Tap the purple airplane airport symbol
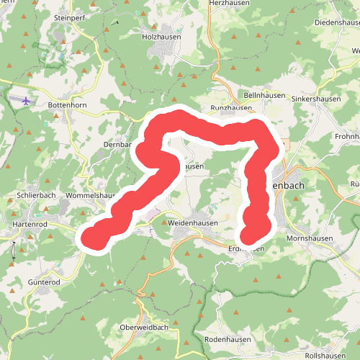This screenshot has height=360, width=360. tap(27, 101)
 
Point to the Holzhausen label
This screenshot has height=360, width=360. tap(160, 35)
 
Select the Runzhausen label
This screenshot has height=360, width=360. tap(230, 109)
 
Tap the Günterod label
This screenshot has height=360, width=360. tap(44, 282)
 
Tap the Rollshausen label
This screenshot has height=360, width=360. tap(325, 356)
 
